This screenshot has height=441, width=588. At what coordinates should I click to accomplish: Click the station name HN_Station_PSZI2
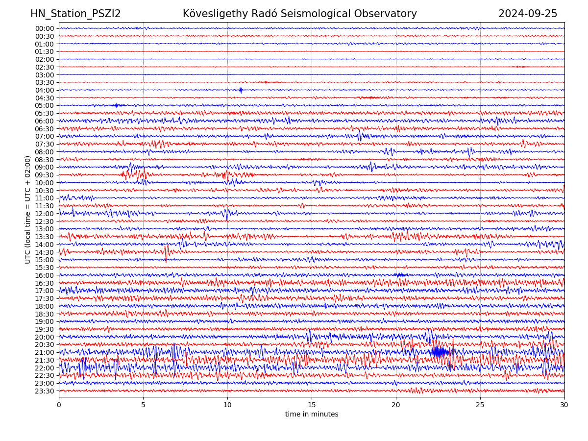click(x=75, y=14)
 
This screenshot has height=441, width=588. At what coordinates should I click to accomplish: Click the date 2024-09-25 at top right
click(x=528, y=14)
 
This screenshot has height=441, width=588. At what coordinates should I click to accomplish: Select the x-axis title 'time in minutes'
click(x=312, y=414)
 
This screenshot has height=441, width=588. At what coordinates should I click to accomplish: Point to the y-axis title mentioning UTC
click(x=28, y=209)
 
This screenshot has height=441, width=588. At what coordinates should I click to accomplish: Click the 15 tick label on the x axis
click(x=312, y=405)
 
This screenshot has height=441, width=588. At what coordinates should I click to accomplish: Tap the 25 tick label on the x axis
click(x=480, y=405)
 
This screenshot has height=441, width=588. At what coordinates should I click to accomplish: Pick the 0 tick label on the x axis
click(x=59, y=405)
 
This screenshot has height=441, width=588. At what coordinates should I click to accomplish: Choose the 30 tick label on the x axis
click(x=564, y=405)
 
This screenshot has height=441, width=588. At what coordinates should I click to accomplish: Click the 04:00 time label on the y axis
click(x=45, y=90)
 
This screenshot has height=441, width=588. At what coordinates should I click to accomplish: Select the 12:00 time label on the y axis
click(x=45, y=214)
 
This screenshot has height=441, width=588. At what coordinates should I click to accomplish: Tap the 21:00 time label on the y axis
click(x=45, y=352)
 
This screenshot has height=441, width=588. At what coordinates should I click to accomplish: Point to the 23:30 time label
click(x=45, y=391)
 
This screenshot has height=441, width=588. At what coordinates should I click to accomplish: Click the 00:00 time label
click(x=45, y=28)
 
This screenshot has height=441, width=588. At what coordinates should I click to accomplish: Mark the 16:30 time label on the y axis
click(x=45, y=283)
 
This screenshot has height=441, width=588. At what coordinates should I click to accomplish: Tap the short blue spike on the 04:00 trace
click(x=241, y=90)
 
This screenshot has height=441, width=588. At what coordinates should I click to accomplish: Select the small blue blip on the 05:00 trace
click(x=116, y=105)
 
